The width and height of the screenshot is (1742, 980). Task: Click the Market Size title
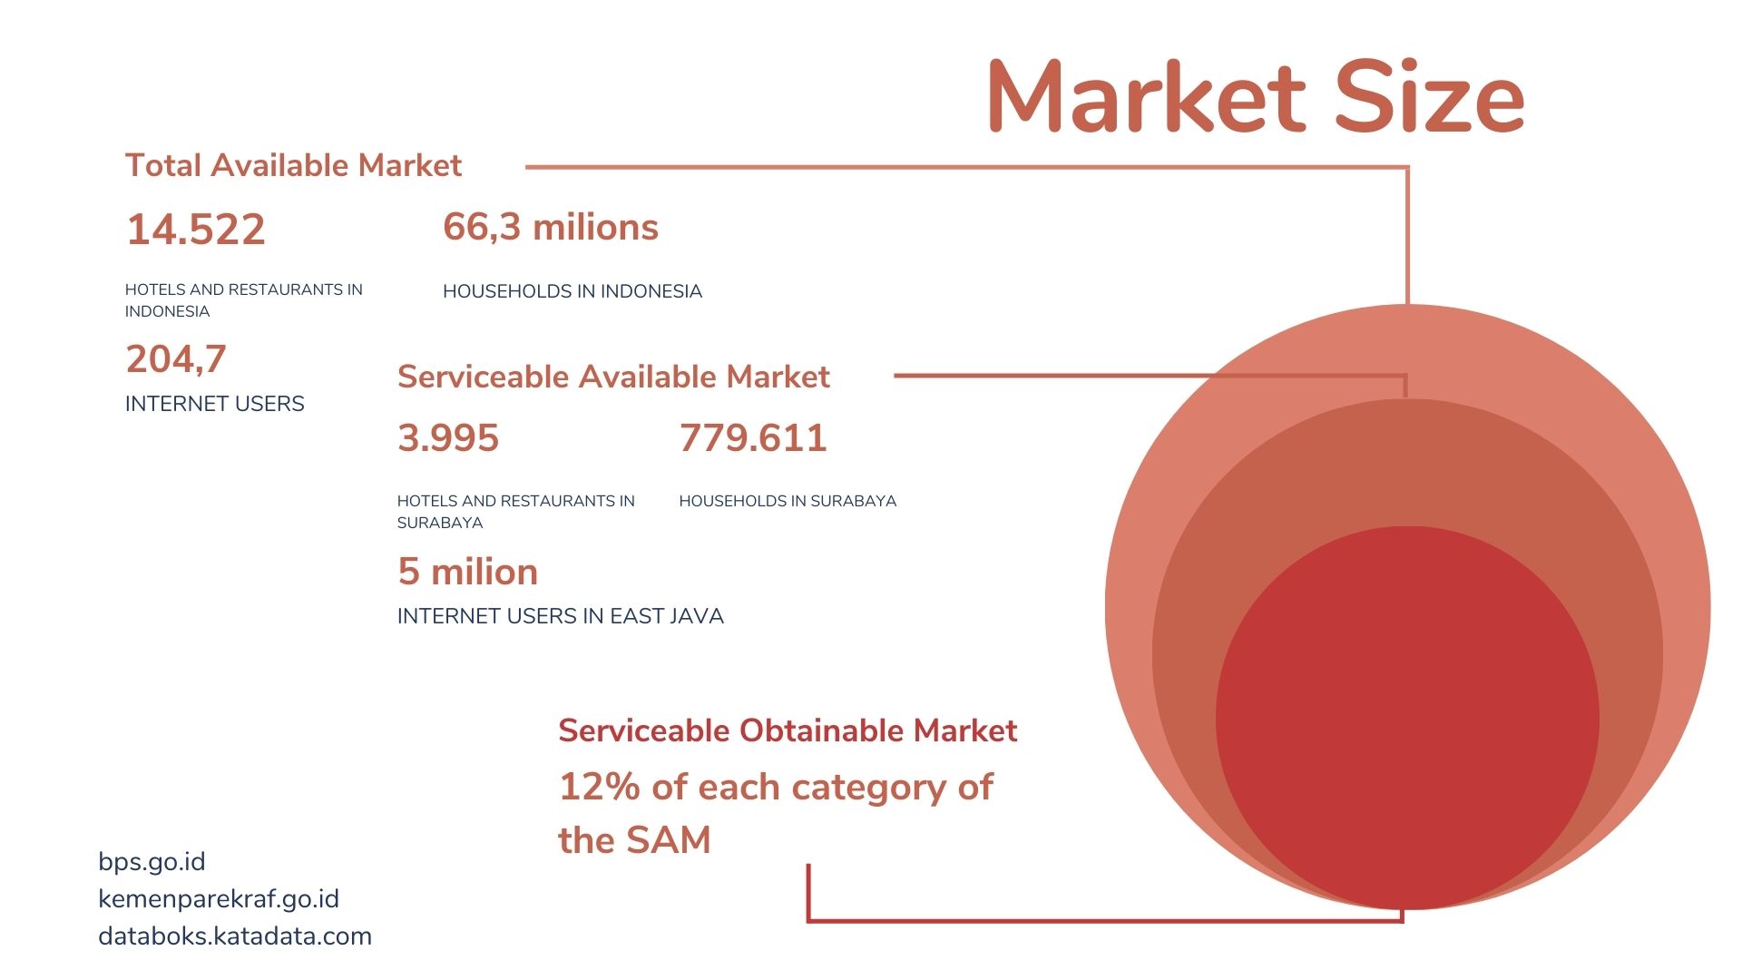(x=1256, y=96)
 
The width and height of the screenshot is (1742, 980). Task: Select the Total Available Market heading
(x=293, y=165)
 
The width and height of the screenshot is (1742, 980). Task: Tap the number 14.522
(x=196, y=229)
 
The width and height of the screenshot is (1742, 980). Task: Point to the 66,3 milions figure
(x=551, y=227)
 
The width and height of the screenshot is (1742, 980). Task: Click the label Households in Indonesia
(x=573, y=291)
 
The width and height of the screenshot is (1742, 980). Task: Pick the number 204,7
(x=176, y=359)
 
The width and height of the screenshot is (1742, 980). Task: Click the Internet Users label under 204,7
(x=215, y=404)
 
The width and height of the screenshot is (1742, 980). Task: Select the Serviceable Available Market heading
(x=613, y=377)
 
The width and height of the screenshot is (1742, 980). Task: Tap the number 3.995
(x=448, y=438)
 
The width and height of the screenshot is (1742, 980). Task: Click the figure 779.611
(x=753, y=438)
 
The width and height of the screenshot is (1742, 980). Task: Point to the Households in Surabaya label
(x=788, y=501)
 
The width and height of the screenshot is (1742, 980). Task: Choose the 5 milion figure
(x=468, y=572)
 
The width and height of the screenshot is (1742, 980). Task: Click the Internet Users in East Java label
(x=561, y=616)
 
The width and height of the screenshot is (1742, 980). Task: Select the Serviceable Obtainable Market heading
(x=788, y=730)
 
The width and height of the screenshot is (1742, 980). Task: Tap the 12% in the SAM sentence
(x=600, y=787)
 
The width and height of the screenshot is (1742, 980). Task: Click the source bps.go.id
(x=152, y=862)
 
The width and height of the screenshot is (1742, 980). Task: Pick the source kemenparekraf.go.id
(x=219, y=899)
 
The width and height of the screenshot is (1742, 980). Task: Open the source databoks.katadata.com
(x=235, y=936)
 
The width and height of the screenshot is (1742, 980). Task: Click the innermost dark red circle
(x=1407, y=718)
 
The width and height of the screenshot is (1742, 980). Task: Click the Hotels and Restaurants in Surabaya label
(x=516, y=512)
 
